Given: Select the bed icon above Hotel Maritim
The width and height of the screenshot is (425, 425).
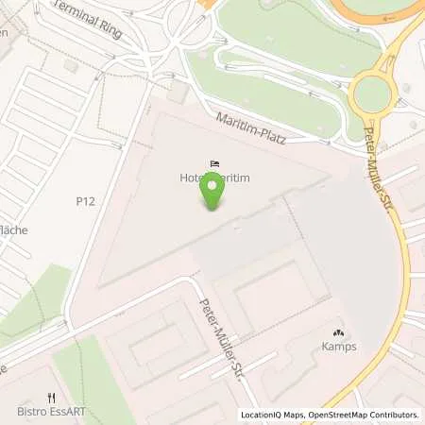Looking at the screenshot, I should (x=214, y=163).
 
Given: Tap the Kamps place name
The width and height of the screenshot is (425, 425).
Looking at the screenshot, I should (x=339, y=348).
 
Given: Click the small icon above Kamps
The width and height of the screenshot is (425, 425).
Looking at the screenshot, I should (x=339, y=333).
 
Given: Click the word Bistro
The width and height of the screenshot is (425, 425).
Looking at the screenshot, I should (x=29, y=413).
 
